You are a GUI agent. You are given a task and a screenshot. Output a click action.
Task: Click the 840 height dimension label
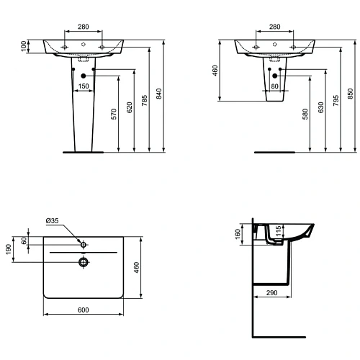coord(158,94)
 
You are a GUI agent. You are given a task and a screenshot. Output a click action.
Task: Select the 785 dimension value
coord(144,101)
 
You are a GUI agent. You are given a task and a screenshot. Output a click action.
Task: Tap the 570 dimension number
coord(114,114)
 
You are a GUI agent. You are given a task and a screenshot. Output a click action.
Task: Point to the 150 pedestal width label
coord(84,86)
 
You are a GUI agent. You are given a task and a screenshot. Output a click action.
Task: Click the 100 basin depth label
coord(23,46)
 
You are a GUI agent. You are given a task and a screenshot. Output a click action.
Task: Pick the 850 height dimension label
coord(351,94)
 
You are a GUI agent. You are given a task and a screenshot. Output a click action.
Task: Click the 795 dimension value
coord(336,101)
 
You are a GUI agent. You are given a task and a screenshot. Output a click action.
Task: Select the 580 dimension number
coord(305,114)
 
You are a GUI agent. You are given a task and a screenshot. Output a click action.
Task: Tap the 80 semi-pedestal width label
coord(274,86)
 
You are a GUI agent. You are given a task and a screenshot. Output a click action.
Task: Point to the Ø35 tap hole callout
coord(52,220)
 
